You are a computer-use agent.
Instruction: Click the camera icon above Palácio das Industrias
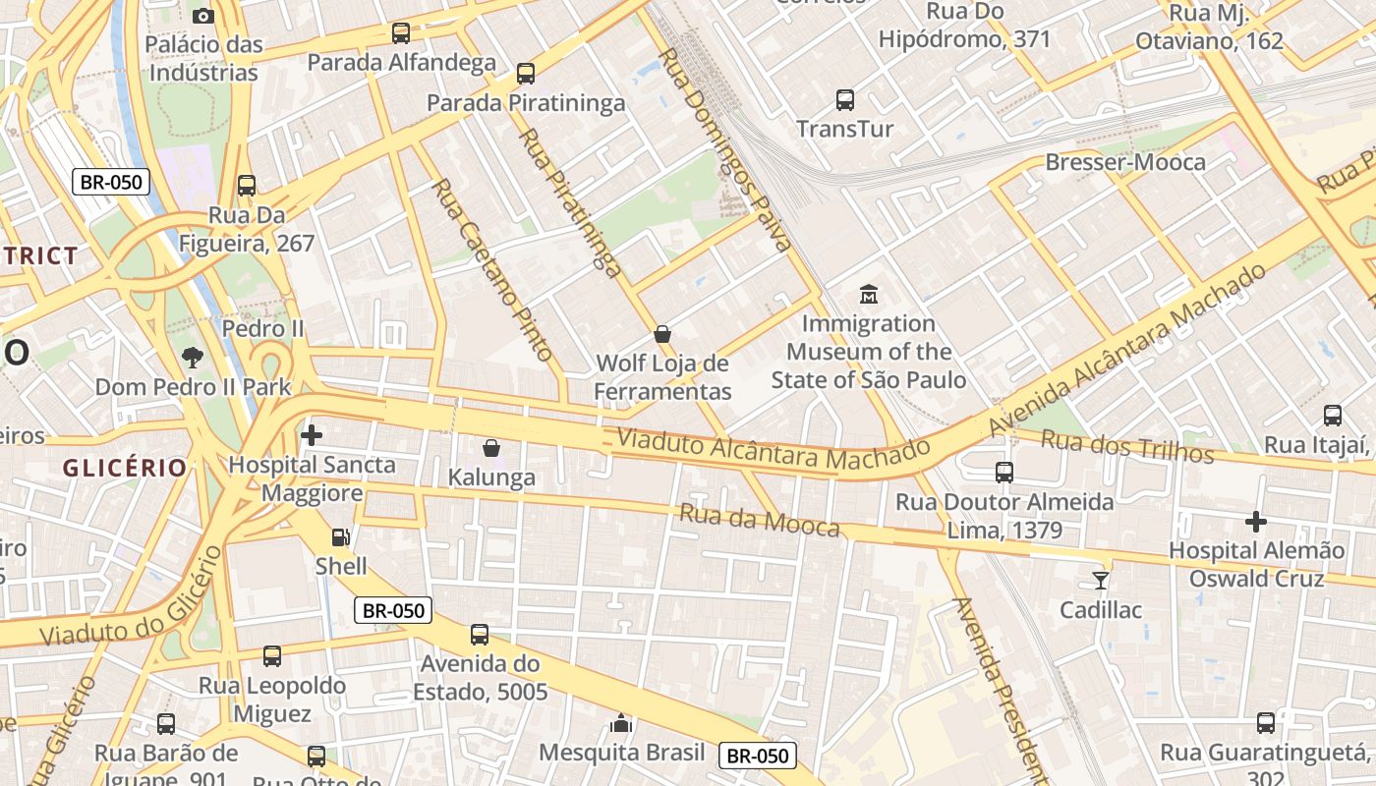pos(203,16)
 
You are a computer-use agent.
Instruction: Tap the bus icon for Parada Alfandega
pos(400,32)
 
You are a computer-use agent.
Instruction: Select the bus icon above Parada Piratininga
pos(526,73)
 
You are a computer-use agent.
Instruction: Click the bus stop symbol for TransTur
pos(844,99)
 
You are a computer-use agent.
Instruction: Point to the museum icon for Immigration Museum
pos(869,293)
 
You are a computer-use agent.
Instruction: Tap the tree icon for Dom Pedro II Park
pos(193,358)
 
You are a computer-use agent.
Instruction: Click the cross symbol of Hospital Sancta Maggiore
pos(312,434)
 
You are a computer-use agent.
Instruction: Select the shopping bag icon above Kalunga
pos(491,448)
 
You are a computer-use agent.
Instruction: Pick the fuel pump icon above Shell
pos(340,536)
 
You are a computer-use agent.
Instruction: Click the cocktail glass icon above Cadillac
pos(1101,580)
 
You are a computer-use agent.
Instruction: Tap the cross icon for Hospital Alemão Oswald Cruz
pos(1255,522)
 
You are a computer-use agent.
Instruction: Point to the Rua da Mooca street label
pos(760,521)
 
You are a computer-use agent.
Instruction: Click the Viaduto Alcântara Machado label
pos(774,452)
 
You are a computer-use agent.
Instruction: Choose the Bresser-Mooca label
pos(1125,162)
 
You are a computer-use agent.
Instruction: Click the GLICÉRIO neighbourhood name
pos(125,468)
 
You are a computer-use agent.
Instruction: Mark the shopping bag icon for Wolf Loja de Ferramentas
pos(662,334)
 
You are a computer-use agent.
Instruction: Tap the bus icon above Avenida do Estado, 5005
pos(480,635)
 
